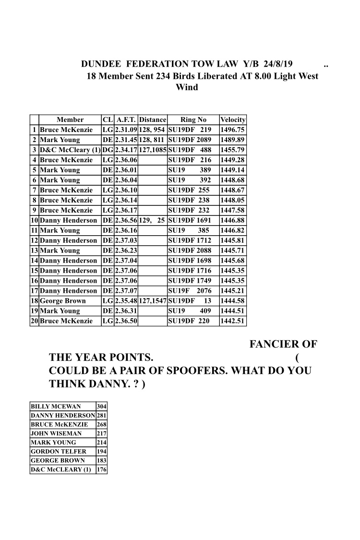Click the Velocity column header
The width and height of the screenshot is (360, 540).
coord(232,120)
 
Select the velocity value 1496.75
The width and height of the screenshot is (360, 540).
coord(232,130)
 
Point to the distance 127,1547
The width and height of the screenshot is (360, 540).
coord(152,301)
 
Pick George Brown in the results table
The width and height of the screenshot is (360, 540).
coord(63,301)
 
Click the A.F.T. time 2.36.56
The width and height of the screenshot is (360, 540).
coord(126,220)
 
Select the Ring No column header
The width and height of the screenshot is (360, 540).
coord(193,120)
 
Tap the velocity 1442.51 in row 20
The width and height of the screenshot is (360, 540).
coord(232,321)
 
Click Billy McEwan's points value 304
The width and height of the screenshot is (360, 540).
coord(101,406)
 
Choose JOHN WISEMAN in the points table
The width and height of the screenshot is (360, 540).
coord(56,433)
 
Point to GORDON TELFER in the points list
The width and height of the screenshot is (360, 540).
coord(59,451)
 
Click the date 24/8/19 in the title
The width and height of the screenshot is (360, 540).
coord(276,64)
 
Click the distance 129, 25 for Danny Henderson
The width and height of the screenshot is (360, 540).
coord(152,220)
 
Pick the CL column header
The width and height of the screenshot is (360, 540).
coord(108,120)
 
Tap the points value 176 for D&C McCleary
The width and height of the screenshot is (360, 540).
coord(101,469)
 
